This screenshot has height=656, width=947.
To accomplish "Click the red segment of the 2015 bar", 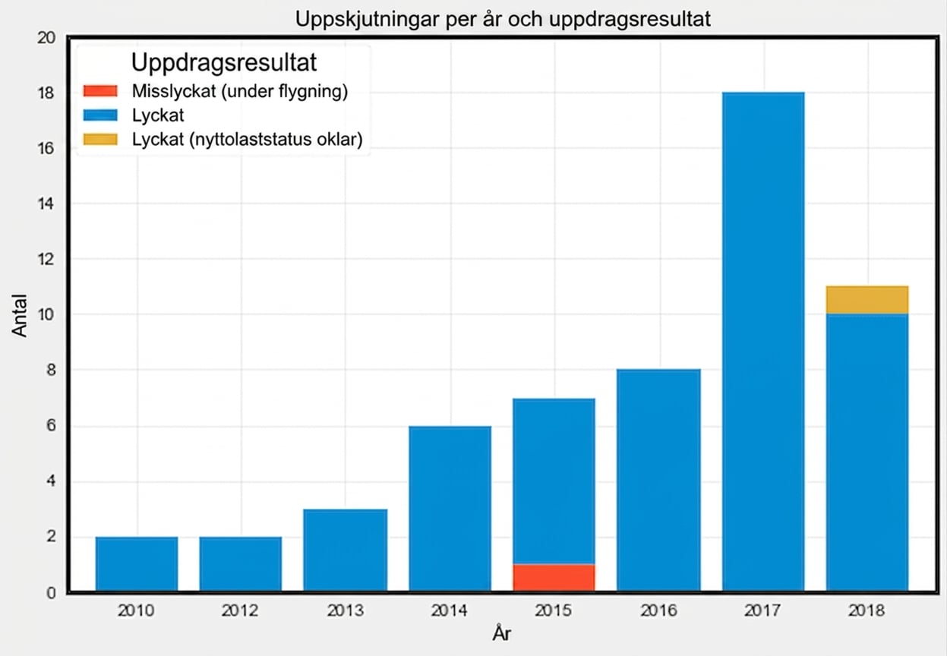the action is [554, 577].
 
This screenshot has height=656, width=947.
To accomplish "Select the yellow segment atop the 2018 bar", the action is [867, 300].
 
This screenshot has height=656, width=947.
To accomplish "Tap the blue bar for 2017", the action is [763, 342].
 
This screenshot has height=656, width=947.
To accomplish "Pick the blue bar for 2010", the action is [137, 564].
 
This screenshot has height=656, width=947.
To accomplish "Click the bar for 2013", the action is [345, 550].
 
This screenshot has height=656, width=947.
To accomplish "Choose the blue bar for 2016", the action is [658, 480].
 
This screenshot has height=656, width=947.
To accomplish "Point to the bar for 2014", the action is [450, 509].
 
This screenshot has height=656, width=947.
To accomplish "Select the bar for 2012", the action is [241, 564].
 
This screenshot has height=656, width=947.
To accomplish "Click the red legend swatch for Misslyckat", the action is [100, 91].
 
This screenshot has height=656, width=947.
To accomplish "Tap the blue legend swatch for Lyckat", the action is [100, 115].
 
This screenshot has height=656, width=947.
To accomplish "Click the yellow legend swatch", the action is [100, 139].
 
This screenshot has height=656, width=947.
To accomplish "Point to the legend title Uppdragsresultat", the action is [223, 63].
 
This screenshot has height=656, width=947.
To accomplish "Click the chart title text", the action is [503, 19].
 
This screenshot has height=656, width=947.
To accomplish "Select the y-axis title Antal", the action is [20, 315].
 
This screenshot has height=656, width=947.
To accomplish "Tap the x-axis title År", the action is [502, 633].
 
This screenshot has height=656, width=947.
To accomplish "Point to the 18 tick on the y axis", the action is [46, 93].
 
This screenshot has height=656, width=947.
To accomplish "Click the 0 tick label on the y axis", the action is [51, 593].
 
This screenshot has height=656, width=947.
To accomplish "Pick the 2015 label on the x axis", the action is [554, 610].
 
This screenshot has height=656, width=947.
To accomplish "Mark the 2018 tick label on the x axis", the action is [867, 610].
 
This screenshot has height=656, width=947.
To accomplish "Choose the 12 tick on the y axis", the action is [46, 259].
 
